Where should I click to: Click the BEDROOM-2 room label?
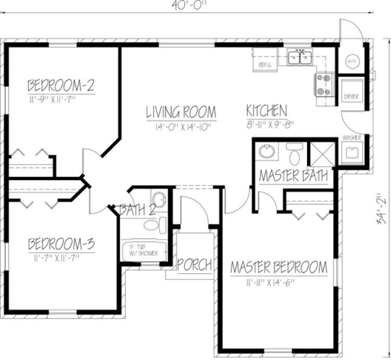[x=62, y=85]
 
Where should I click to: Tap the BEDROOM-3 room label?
[x=62, y=243]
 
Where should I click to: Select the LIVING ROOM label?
[x=181, y=112]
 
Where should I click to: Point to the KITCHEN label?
[x=266, y=111]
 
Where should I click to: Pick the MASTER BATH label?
[x=293, y=176]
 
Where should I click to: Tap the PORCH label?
[x=195, y=265]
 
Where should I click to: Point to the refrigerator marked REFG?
[x=265, y=60]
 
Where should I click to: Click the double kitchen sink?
[x=299, y=57]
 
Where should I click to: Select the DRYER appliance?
[x=351, y=89]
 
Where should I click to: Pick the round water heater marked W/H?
[x=351, y=60]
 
